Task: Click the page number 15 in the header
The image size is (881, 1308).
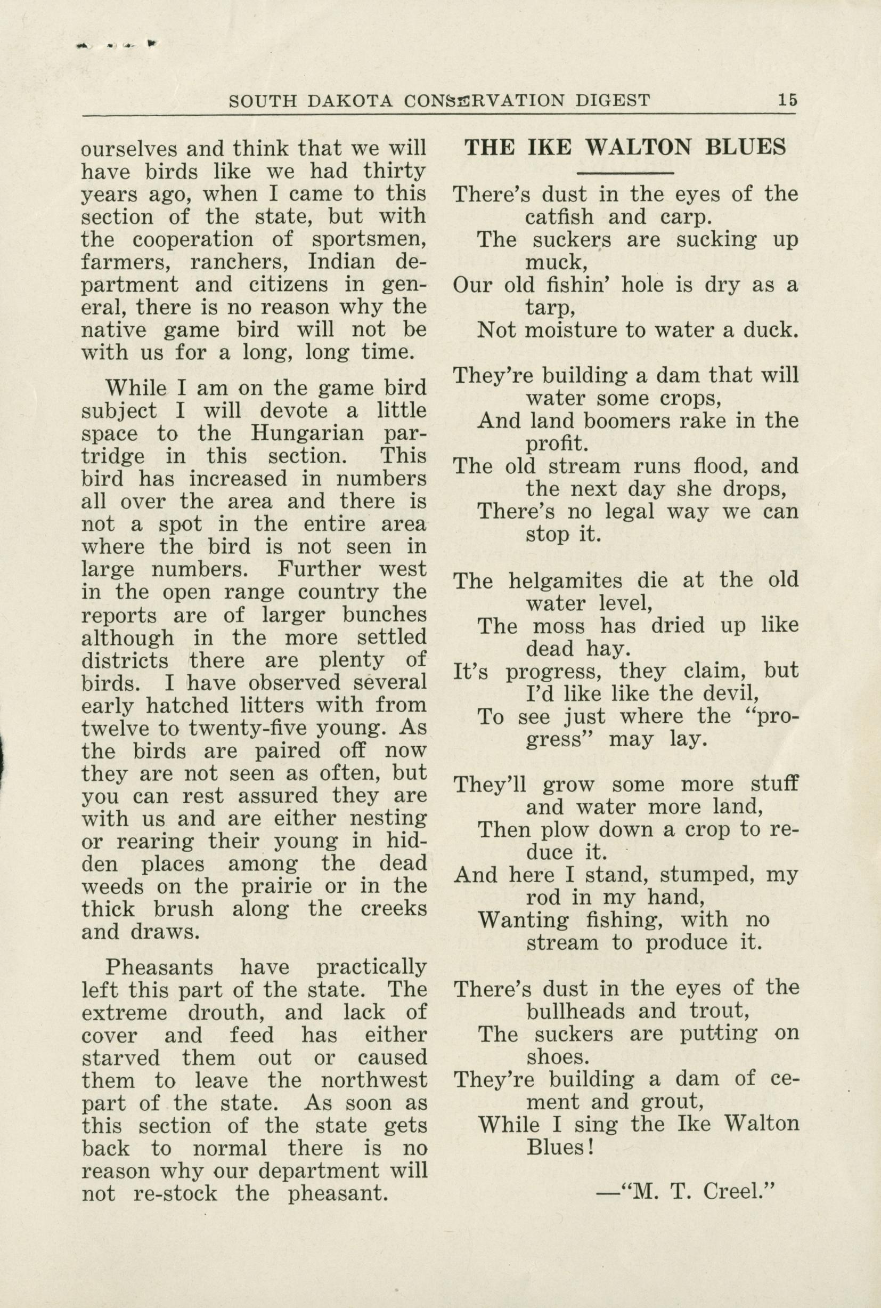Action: click(x=787, y=100)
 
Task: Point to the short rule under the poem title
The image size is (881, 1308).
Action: click(x=625, y=173)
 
